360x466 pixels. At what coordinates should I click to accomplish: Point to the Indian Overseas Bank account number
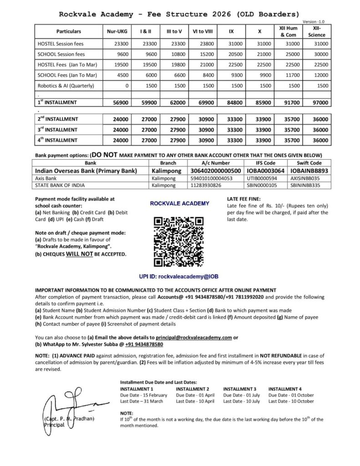tap(215, 171)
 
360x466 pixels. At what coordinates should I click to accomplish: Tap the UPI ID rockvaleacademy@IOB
tap(179, 276)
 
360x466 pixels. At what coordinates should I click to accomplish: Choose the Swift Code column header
tap(309, 162)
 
